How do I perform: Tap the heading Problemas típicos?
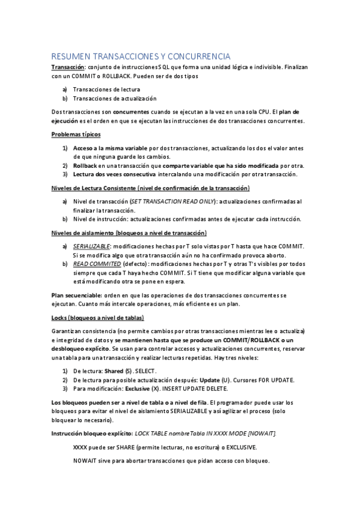76,134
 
